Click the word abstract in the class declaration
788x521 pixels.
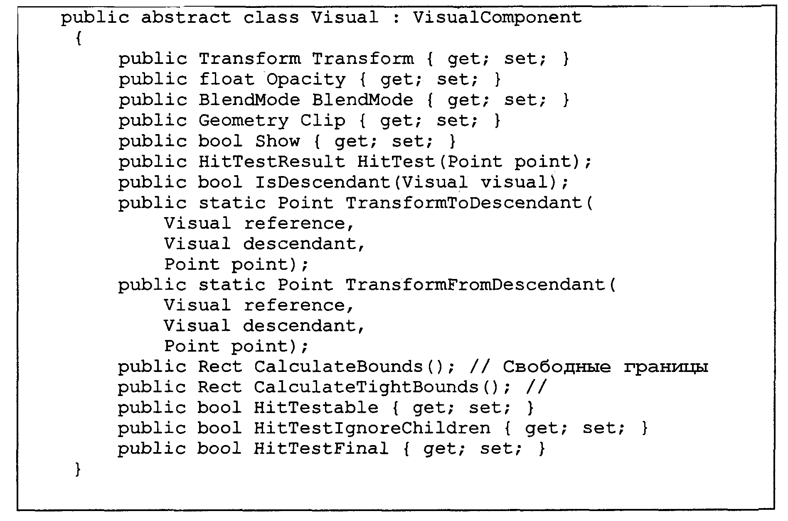click(x=186, y=18)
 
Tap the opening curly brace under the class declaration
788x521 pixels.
click(x=79, y=39)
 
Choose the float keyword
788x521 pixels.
click(x=227, y=79)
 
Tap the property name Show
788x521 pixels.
click(x=277, y=141)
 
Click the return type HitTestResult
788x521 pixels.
click(x=272, y=161)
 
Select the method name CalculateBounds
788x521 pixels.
click(x=339, y=367)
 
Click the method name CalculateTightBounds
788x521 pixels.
click(x=367, y=387)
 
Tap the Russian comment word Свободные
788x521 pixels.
click(x=557, y=367)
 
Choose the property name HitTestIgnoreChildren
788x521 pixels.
click(x=372, y=428)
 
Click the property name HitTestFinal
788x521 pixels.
click(x=322, y=448)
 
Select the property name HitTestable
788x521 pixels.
click(x=316, y=408)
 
